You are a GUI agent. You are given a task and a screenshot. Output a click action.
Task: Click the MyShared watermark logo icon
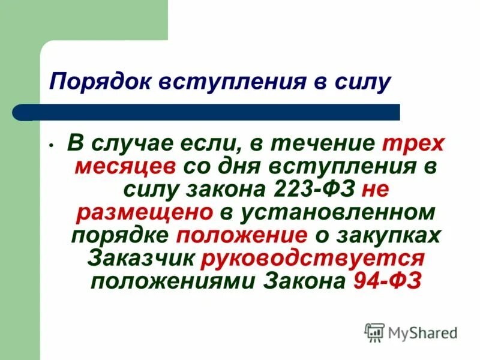pos(374,332)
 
